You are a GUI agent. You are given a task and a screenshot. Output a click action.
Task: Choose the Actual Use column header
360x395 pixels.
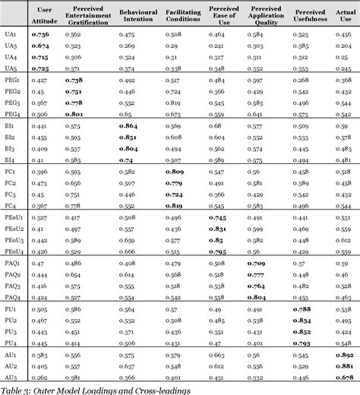pos(343,13)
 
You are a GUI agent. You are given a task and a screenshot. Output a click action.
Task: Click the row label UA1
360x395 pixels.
pos(11,34)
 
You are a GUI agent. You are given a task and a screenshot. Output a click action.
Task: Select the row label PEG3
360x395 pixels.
pos(12,103)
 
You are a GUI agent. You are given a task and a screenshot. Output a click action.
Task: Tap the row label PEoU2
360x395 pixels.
pos(14,229)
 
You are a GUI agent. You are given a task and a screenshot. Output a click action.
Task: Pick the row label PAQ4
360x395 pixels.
pos(12,297)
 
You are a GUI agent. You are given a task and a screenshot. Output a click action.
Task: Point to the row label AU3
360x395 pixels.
pos(11,378)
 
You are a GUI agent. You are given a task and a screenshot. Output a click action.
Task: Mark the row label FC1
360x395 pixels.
pos(11,172)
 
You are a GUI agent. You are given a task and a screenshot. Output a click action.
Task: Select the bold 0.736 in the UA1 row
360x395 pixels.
pos(40,34)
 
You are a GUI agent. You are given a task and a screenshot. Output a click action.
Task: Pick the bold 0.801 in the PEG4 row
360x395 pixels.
pos(74,114)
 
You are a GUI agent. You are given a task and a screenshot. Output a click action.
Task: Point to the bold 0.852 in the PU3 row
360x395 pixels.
pos(302,332)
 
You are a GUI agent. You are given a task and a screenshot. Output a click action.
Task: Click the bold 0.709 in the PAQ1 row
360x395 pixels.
pos(256,263)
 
